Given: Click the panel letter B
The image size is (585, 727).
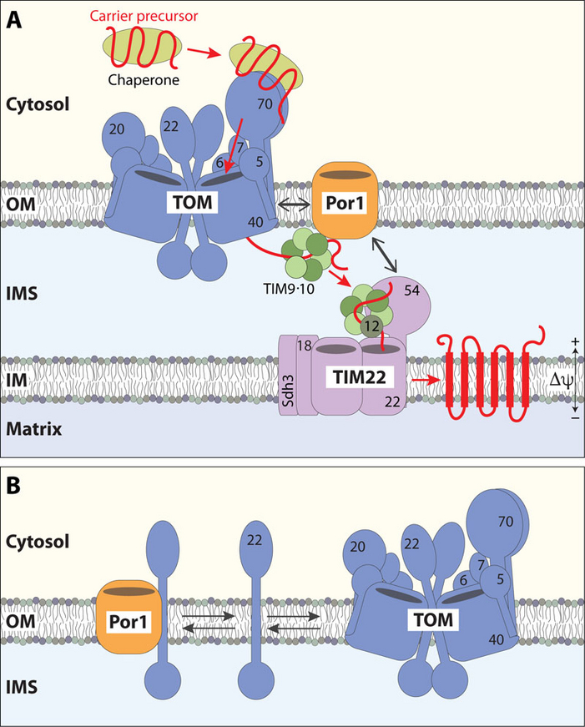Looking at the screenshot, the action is point(13,486).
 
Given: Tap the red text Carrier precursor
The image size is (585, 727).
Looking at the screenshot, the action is point(144,16).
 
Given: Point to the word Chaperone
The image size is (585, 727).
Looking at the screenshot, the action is point(144,80).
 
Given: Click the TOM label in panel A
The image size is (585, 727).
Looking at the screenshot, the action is point(193,203).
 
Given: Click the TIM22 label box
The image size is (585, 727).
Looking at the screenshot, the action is point(360,377).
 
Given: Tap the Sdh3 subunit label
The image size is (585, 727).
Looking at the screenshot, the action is point(289,391).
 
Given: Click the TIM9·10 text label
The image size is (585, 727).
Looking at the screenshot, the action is point(289,289).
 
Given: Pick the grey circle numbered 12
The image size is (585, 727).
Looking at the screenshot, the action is point(371,326).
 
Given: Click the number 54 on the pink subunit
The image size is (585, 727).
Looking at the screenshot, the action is point(411,290).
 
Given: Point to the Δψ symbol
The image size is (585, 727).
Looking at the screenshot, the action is point(561,380).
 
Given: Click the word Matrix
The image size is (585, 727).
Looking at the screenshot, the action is point(34,429).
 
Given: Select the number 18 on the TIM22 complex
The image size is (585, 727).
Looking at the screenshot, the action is point(304,346).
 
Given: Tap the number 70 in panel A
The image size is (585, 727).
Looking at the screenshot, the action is point(265,103).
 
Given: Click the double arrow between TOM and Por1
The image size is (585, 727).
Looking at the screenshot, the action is point(294,204).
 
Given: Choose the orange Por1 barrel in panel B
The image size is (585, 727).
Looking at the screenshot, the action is point(129,621).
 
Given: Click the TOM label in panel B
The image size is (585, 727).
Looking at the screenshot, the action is point(433,620).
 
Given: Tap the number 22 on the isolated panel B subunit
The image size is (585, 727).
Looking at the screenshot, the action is point(255,540).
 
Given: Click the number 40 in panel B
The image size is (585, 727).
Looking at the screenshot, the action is point(496,640).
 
